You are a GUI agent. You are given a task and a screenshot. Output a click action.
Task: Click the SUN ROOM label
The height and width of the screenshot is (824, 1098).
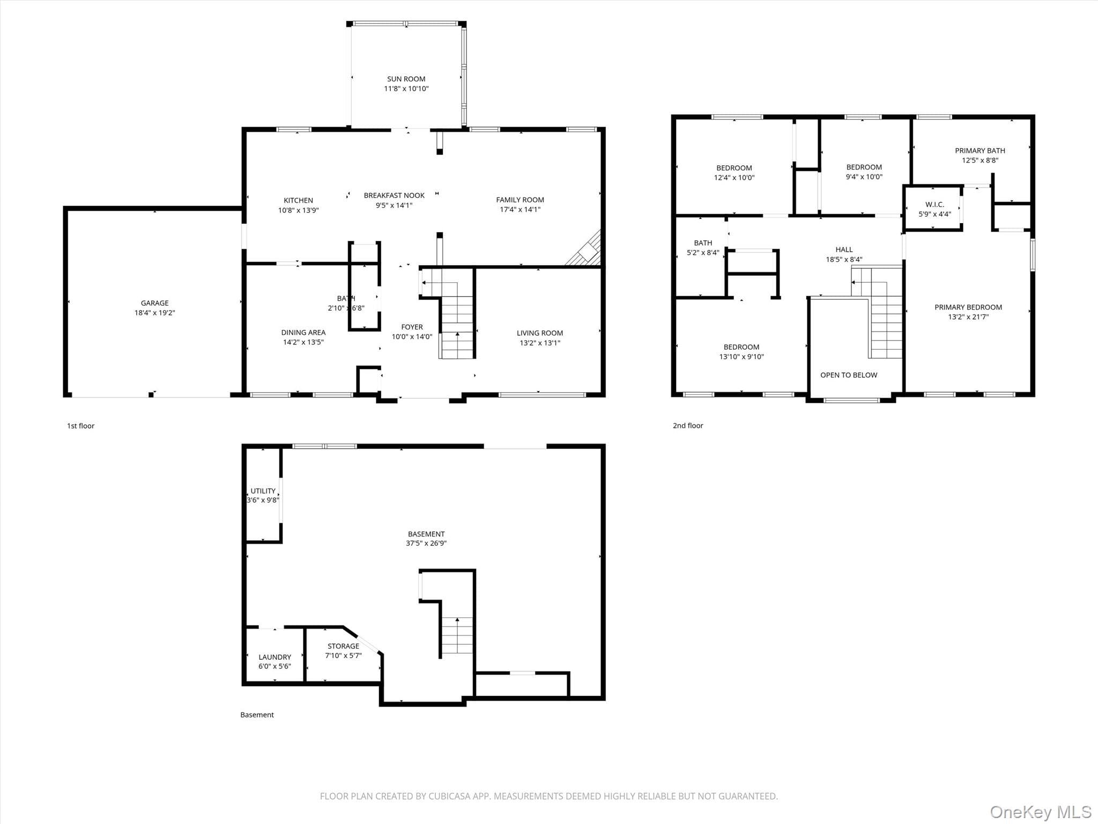coord(406,79)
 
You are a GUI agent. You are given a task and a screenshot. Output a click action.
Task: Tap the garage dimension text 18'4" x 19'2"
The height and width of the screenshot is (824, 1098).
coord(154,313)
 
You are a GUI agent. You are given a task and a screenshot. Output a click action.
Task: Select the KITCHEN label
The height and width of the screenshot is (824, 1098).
coord(298,201)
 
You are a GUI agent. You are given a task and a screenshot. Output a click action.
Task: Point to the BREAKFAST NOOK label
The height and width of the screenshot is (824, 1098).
coord(394,195)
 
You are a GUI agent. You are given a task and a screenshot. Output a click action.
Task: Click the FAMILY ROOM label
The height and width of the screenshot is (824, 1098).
coord(520,200)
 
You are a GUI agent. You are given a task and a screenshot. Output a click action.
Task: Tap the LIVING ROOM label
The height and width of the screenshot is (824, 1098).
coord(540,333)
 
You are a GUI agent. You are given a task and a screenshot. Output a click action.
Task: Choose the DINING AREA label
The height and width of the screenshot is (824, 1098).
coord(303,333)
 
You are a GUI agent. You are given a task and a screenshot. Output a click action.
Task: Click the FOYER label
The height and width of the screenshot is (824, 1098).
coord(412,327)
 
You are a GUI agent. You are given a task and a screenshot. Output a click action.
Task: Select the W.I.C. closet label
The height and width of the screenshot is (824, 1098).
coord(934,204)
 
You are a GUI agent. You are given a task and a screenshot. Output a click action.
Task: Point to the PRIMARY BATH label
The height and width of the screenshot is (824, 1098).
coord(980,151)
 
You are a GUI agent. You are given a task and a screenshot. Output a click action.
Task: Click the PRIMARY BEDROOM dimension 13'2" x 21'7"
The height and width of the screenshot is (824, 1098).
coord(968,317)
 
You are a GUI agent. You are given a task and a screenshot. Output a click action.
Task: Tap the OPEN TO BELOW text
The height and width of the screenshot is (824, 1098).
coord(849,375)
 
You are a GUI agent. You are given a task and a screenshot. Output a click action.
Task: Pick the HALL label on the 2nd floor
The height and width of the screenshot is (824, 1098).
coord(844,249)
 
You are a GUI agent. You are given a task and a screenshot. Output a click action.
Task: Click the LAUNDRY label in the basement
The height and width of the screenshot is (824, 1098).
coord(274,657)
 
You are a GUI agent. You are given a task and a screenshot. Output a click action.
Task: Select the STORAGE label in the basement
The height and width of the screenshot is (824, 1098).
coord(343,646)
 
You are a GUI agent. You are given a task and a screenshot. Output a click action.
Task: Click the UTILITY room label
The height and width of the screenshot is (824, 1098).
coord(263,491)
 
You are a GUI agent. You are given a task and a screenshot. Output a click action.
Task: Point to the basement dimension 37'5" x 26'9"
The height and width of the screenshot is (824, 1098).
coord(426,543)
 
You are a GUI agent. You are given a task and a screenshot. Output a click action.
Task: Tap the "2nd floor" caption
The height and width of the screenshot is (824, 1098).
coord(688,425)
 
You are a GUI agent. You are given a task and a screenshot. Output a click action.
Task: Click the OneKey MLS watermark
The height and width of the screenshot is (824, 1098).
coord(1041,812)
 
